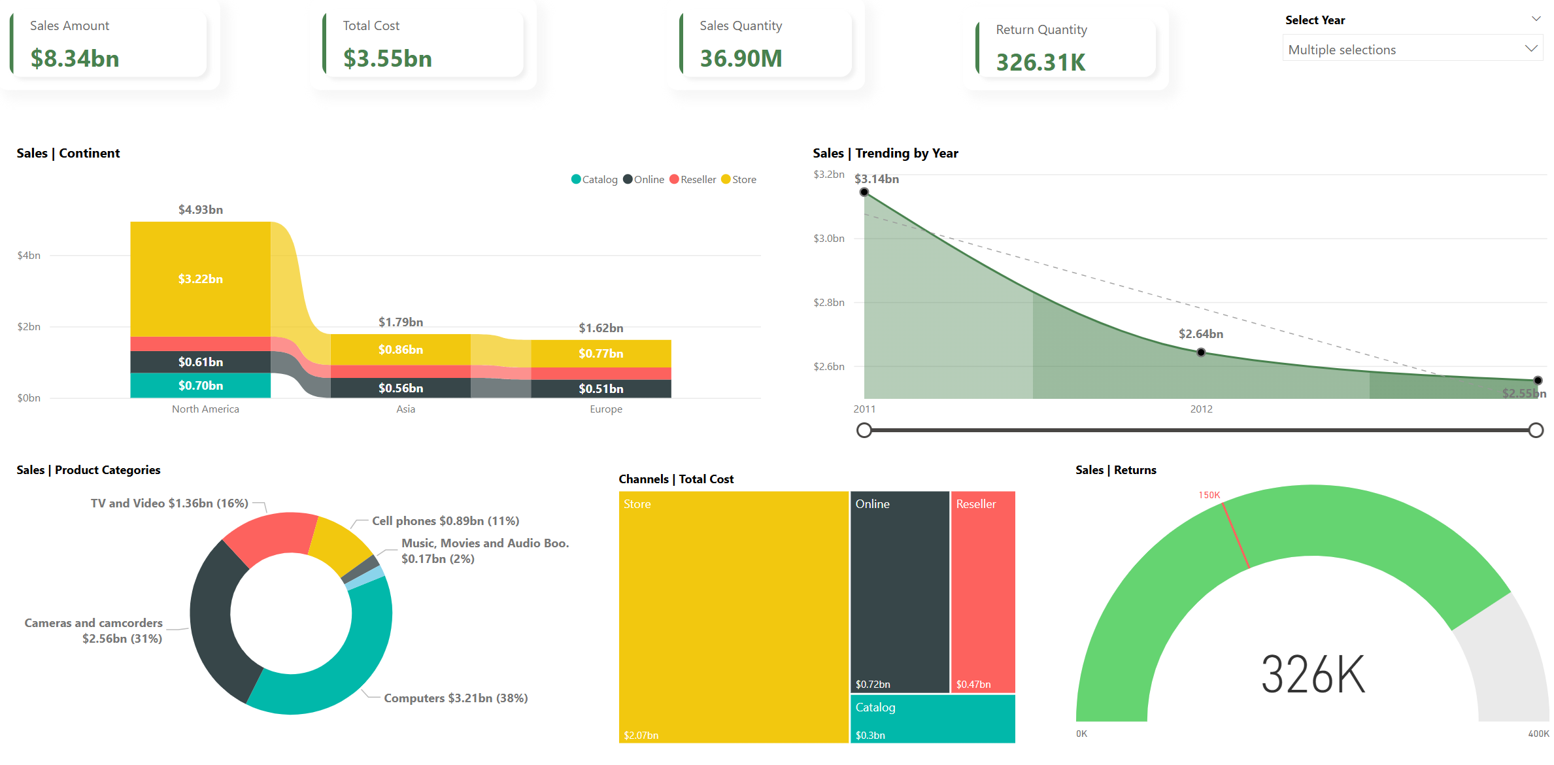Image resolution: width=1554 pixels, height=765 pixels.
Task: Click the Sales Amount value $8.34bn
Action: tap(75, 59)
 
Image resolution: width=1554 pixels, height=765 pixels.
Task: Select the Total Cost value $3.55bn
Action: tap(388, 59)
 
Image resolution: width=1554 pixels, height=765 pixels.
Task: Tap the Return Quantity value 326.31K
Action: tap(1040, 63)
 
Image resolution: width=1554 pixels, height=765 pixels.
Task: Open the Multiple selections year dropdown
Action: tap(1412, 50)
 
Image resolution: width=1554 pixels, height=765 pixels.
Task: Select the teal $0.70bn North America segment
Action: tap(201, 386)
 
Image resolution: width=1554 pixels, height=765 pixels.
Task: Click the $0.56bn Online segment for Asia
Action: tap(401, 388)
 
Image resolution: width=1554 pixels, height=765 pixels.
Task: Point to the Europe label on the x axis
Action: tap(606, 409)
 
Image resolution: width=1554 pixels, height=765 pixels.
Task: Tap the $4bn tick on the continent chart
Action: tap(29, 256)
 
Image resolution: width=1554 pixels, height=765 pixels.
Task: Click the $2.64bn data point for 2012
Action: tap(1201, 352)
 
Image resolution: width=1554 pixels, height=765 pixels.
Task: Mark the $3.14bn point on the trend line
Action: tap(864, 192)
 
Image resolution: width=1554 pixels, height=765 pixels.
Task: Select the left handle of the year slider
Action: tap(864, 430)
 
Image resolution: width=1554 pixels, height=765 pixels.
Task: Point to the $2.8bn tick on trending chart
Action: tap(828, 303)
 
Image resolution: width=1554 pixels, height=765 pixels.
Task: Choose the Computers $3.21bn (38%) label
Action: tap(456, 698)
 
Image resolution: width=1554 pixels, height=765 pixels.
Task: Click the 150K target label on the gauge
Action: tap(1209, 495)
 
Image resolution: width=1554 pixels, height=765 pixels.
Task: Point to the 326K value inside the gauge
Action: tap(1313, 675)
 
